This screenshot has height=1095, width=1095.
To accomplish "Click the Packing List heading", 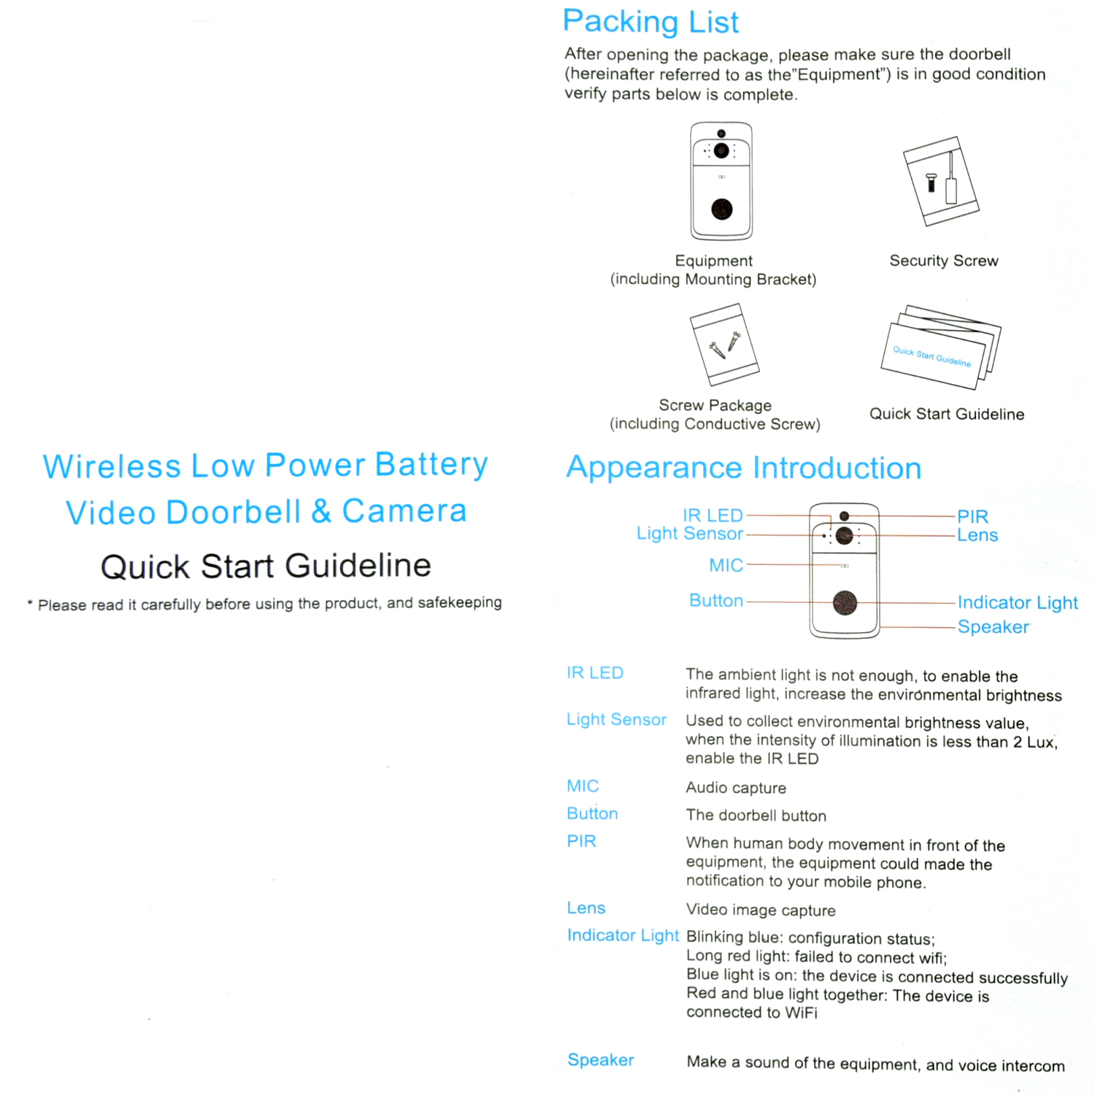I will (650, 22).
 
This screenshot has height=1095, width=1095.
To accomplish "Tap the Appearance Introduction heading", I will (743, 468).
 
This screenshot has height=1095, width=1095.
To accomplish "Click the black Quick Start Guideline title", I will (266, 566).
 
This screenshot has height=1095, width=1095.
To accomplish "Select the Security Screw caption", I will (943, 261).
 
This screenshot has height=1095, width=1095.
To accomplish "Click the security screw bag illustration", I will (941, 181).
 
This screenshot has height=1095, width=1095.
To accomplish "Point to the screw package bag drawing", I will (724, 344).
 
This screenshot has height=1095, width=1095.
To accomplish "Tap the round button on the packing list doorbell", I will (722, 210).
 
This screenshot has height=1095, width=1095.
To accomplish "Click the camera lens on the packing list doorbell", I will (721, 150).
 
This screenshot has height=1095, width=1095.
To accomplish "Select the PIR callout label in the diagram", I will (972, 516).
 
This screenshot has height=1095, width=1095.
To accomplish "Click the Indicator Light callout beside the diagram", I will (1017, 602).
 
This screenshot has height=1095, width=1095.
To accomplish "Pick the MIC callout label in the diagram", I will (726, 565).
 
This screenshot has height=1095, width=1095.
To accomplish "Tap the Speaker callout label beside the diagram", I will (993, 627).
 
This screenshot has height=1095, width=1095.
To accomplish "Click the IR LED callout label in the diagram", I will (712, 515).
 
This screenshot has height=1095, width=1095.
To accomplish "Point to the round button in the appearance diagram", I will (845, 603).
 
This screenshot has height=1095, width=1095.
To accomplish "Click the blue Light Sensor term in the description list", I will (616, 720).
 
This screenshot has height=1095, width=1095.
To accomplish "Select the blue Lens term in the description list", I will (586, 908).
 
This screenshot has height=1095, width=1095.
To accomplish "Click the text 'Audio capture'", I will (736, 788).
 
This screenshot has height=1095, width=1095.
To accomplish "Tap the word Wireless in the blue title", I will (112, 466).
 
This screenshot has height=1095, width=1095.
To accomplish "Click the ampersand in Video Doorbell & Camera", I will (321, 512).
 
